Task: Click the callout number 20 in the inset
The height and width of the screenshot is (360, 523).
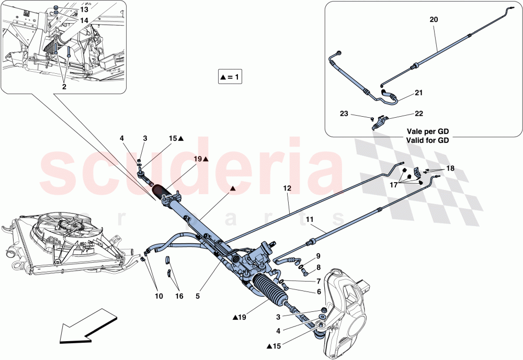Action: click(x=434, y=19)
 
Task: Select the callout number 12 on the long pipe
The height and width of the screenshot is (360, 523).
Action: click(x=287, y=188)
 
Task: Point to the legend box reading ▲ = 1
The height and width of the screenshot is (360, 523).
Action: click(x=230, y=77)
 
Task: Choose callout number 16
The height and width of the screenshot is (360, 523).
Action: click(x=179, y=297)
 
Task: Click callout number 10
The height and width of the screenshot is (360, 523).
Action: click(x=158, y=297)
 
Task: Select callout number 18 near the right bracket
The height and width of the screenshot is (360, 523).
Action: click(x=450, y=168)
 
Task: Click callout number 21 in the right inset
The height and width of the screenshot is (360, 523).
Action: click(x=419, y=93)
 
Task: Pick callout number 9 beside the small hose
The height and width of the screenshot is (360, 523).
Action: click(x=318, y=256)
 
